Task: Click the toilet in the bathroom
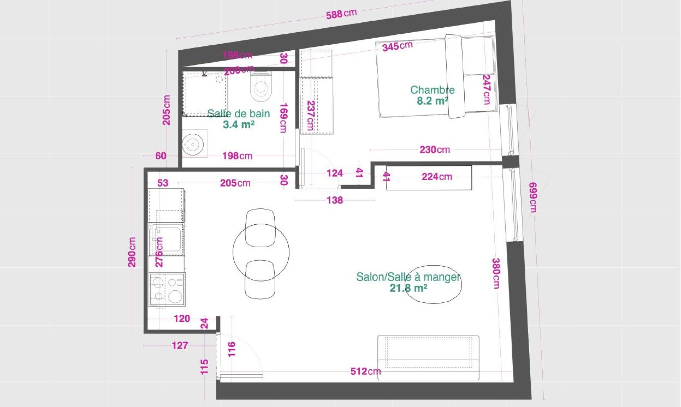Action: (x=261, y=87)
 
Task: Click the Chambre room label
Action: (x=432, y=90)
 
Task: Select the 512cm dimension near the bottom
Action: (x=365, y=371)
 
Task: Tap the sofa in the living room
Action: (x=428, y=357)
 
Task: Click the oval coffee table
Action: (x=433, y=284)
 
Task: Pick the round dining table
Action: (x=261, y=251)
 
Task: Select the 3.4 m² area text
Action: (x=238, y=124)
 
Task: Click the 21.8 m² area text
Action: (x=408, y=288)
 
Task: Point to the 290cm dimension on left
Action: (x=132, y=252)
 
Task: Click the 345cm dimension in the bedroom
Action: (x=397, y=46)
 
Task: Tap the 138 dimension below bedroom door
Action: (x=335, y=200)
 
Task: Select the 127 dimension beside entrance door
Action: (x=180, y=345)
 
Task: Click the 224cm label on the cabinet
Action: (x=437, y=177)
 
